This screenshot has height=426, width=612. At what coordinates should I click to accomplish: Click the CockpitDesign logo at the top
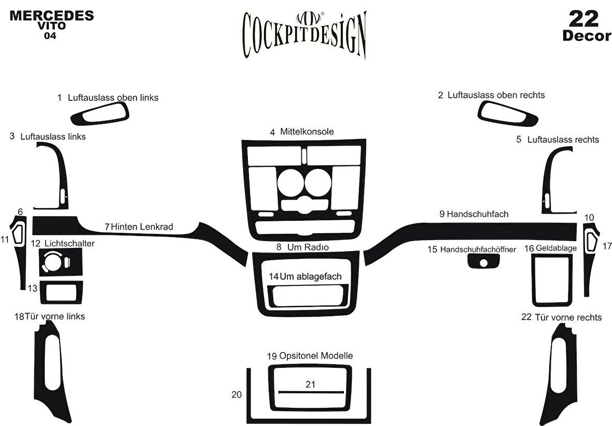tap(305, 34)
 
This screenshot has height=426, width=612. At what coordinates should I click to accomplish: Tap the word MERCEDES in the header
tap(51, 15)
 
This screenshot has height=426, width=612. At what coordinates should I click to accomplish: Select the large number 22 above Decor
tap(584, 19)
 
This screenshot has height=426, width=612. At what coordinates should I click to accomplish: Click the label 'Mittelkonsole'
tap(307, 132)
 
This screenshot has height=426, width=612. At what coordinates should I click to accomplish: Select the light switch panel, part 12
tap(60, 261)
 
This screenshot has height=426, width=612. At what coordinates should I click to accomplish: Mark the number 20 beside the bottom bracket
tap(237, 395)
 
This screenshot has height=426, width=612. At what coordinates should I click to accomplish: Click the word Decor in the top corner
tap(586, 36)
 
